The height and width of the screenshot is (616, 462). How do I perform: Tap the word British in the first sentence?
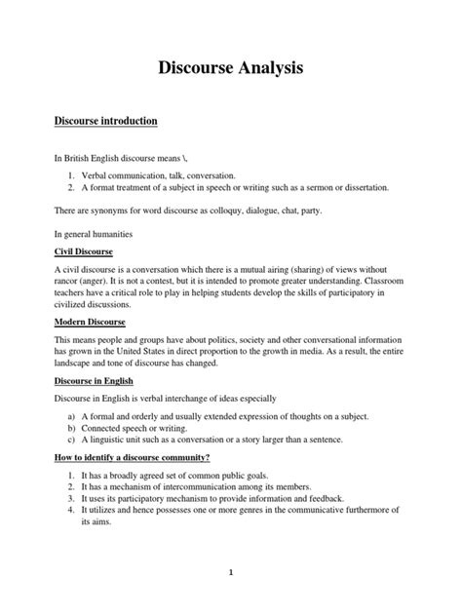point(80,158)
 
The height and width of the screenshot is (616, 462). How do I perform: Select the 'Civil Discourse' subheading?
point(84,252)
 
